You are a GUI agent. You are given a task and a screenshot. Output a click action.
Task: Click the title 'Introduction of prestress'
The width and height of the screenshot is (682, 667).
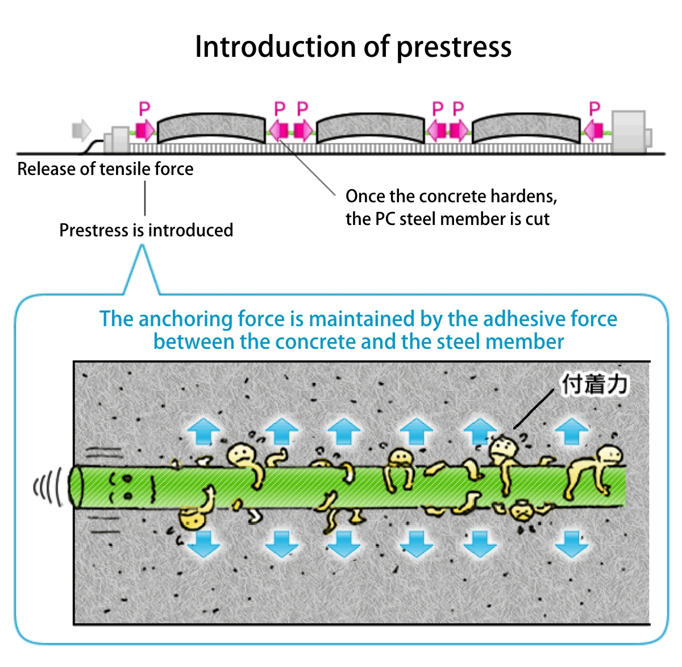click(x=353, y=47)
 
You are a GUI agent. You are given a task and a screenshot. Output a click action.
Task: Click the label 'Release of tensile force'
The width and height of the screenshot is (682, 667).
click(x=105, y=169)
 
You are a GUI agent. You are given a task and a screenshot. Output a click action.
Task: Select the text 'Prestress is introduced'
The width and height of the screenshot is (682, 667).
click(x=146, y=230)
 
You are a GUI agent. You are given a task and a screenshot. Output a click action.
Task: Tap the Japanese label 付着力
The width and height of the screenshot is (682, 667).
click(x=594, y=385)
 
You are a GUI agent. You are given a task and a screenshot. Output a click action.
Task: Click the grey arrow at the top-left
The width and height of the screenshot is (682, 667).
click(x=81, y=130)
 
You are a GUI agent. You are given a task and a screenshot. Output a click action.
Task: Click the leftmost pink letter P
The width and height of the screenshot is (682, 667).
click(x=144, y=109)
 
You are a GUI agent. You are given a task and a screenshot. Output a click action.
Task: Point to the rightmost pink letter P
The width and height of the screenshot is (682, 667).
click(x=594, y=109)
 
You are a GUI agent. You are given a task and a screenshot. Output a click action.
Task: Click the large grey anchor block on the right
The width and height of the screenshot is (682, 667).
click(x=629, y=131)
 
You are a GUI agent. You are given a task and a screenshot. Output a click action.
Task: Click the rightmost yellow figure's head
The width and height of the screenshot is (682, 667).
click(x=611, y=455)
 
